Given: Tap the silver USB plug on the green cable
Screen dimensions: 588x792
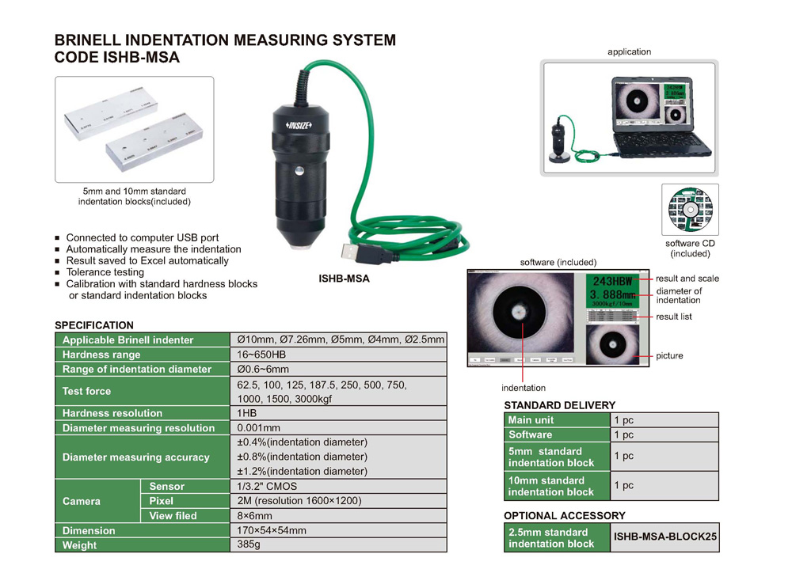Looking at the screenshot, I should [351, 252].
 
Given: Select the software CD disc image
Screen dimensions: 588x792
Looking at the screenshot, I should [690, 211].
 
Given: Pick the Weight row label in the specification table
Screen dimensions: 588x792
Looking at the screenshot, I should [79, 545].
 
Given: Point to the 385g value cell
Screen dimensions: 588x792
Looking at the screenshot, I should [249, 544].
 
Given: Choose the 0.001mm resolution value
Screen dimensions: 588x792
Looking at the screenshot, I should [259, 427].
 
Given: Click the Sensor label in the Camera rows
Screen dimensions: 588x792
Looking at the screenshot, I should [166, 487].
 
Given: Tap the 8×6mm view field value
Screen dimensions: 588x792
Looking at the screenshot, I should [255, 515].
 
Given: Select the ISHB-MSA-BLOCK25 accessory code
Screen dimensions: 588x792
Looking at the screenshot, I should [665, 538].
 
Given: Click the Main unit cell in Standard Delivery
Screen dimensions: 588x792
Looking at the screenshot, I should [531, 420].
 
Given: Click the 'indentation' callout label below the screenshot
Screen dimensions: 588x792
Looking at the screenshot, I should [524, 388].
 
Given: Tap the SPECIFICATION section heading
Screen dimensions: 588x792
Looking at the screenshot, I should [94, 325].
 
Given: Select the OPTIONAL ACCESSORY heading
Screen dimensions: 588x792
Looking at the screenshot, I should [565, 516].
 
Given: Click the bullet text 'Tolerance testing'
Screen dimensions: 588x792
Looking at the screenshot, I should [105, 272].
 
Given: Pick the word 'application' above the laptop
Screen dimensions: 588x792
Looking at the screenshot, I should [629, 52].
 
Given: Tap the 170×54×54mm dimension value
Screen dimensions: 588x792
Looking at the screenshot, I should [272, 530].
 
